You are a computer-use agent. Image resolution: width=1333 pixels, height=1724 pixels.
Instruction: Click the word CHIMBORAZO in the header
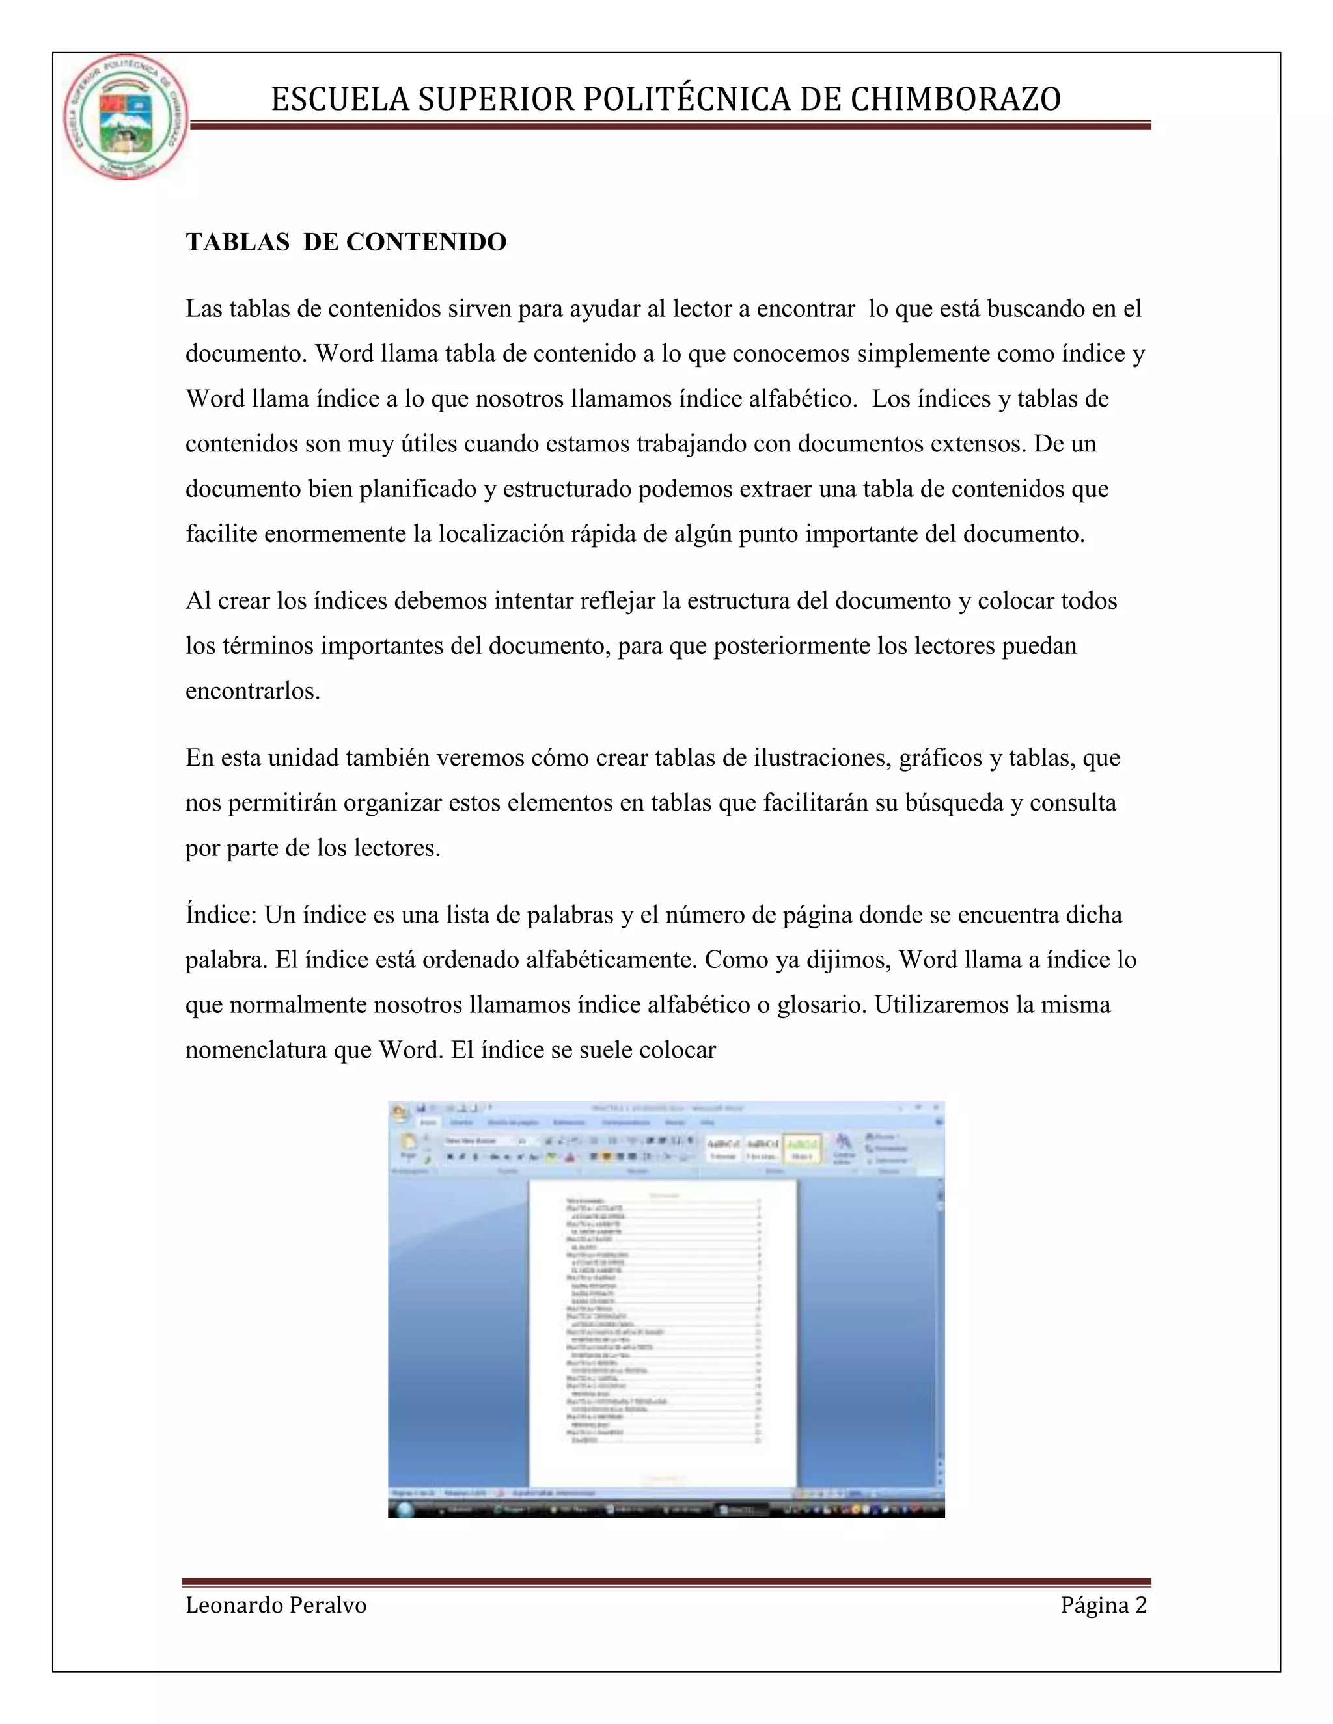[x=955, y=100]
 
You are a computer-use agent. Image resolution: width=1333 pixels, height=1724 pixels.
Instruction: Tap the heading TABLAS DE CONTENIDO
[x=346, y=241]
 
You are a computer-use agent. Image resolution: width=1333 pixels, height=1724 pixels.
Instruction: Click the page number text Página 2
[x=1103, y=1605]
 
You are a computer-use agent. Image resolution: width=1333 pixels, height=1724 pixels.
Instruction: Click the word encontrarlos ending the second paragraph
[x=252, y=691]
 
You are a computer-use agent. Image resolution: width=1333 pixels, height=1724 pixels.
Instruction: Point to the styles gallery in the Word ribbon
[x=763, y=1147]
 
